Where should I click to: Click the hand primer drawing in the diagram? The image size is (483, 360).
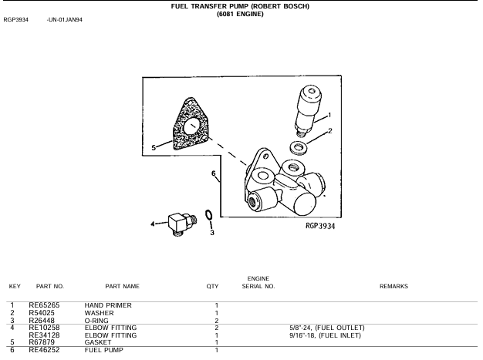[x=307, y=111]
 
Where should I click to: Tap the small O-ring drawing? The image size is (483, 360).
[x=209, y=215]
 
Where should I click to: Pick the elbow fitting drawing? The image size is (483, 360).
[x=182, y=224]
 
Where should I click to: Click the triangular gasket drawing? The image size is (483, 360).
[x=191, y=124]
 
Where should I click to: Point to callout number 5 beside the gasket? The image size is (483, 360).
[x=154, y=148]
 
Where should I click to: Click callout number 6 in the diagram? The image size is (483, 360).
[x=214, y=174]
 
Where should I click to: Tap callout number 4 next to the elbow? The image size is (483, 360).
[x=153, y=224]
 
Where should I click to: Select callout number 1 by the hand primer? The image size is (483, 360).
[x=329, y=115]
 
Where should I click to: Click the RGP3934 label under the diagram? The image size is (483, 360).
[x=320, y=226]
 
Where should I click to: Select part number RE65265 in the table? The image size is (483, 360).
[x=44, y=305]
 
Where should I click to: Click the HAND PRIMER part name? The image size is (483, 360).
[x=108, y=305]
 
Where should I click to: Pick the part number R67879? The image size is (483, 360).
[x=42, y=342]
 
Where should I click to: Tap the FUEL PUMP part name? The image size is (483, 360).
[x=104, y=350]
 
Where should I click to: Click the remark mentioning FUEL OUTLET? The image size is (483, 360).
[x=327, y=328]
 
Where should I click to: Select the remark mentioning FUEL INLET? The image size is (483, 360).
[x=325, y=335]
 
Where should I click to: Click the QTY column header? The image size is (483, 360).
[x=212, y=287]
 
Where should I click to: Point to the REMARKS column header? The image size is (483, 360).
[x=393, y=286]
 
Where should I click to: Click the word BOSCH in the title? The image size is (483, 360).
[x=296, y=6]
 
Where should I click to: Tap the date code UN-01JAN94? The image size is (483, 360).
[x=65, y=20]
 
